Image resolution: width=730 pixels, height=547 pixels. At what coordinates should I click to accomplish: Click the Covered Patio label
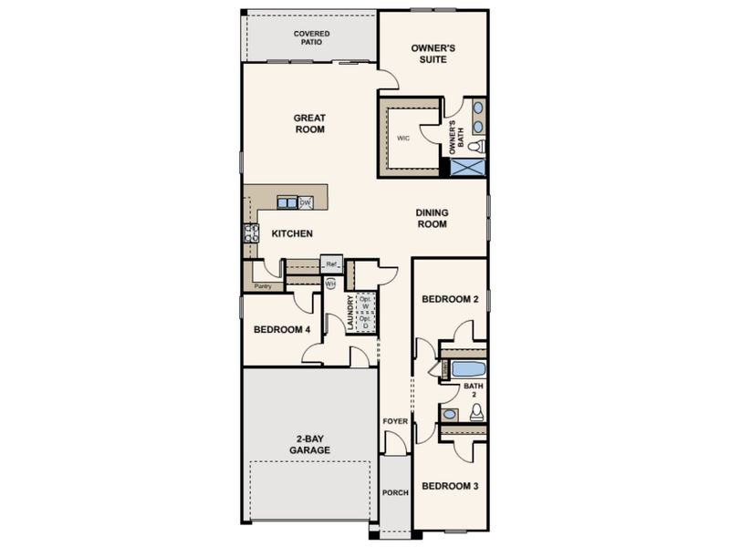pyautogui.click(x=311, y=37)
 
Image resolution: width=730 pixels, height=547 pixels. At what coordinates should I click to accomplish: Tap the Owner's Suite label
pyautogui.click(x=433, y=54)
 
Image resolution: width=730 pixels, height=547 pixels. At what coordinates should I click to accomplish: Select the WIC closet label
pyautogui.click(x=403, y=139)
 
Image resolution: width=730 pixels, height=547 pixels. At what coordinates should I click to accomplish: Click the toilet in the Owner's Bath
pyautogui.click(x=476, y=147)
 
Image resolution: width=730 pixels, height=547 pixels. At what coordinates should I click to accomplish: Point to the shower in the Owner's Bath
pyautogui.click(x=468, y=168)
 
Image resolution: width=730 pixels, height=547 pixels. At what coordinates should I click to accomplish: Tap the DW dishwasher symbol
pyautogui.click(x=306, y=202)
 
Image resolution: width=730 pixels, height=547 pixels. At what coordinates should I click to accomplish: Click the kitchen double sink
pyautogui.click(x=287, y=202)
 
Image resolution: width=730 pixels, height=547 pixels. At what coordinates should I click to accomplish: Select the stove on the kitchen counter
pyautogui.click(x=252, y=233)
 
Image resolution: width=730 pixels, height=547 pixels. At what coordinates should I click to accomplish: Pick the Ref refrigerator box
pyautogui.click(x=331, y=264)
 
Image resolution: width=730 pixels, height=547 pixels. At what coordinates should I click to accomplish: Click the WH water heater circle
pyautogui.click(x=330, y=284)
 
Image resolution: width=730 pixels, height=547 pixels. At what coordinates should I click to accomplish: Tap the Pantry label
pyautogui.click(x=263, y=286)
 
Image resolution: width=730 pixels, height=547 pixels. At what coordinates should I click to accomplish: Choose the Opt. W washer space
pyautogui.click(x=366, y=303)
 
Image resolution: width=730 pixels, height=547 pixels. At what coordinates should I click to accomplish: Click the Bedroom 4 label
pyautogui.click(x=282, y=330)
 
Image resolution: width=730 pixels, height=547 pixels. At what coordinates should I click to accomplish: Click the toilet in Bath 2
pyautogui.click(x=476, y=412)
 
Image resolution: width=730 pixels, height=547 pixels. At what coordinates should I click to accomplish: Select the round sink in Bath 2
pyautogui.click(x=449, y=414)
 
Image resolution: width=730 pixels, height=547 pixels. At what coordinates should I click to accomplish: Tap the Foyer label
pyautogui.click(x=395, y=421)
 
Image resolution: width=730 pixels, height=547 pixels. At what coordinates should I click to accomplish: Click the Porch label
pyautogui.click(x=395, y=492)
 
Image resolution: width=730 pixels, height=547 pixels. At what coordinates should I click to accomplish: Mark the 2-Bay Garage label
pyautogui.click(x=309, y=444)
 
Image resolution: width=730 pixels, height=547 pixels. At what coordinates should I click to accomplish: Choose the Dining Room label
pyautogui.click(x=432, y=218)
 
